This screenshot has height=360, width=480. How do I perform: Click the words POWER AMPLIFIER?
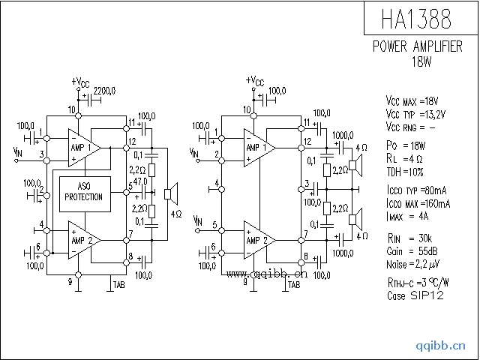pos(418,46)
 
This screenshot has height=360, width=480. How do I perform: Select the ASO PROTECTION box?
pos(84,192)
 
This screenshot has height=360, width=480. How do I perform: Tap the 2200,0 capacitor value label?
pos(104,91)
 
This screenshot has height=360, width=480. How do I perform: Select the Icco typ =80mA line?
pos(418,193)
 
